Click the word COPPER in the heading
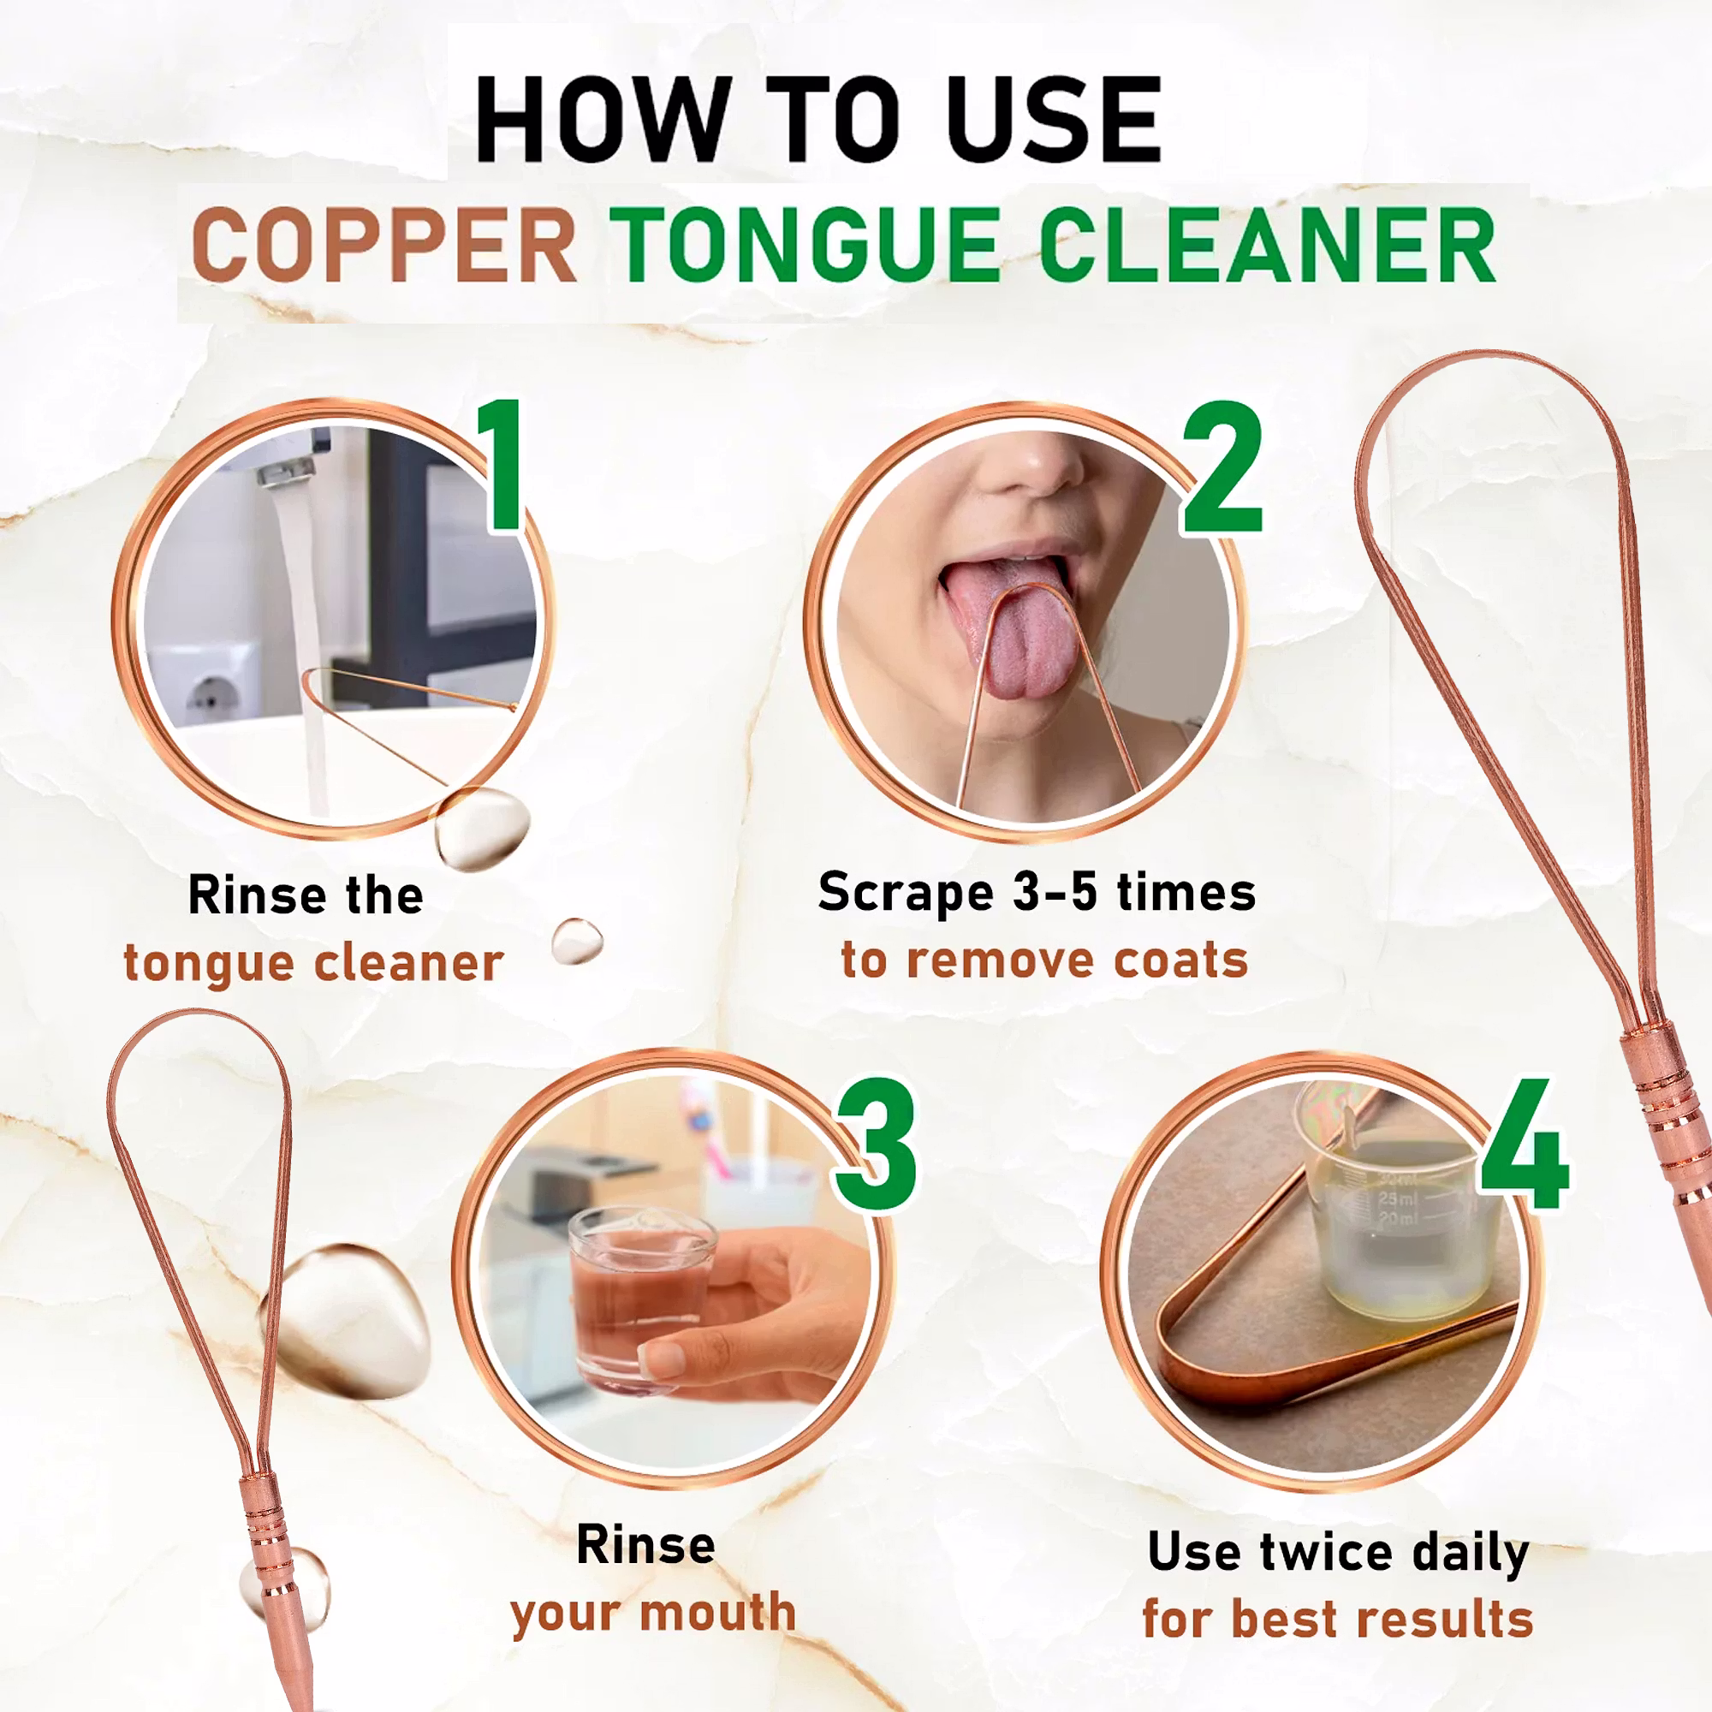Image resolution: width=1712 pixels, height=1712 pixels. (x=384, y=246)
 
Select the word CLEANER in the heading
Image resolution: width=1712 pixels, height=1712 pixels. (x=1268, y=246)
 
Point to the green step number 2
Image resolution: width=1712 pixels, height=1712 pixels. (x=1222, y=467)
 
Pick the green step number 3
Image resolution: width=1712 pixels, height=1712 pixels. (x=877, y=1144)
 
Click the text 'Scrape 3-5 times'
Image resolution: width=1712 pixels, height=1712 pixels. (x=1037, y=893)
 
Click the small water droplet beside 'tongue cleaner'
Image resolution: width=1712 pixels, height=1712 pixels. (x=578, y=941)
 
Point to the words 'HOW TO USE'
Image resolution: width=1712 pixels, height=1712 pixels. (x=817, y=119)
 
